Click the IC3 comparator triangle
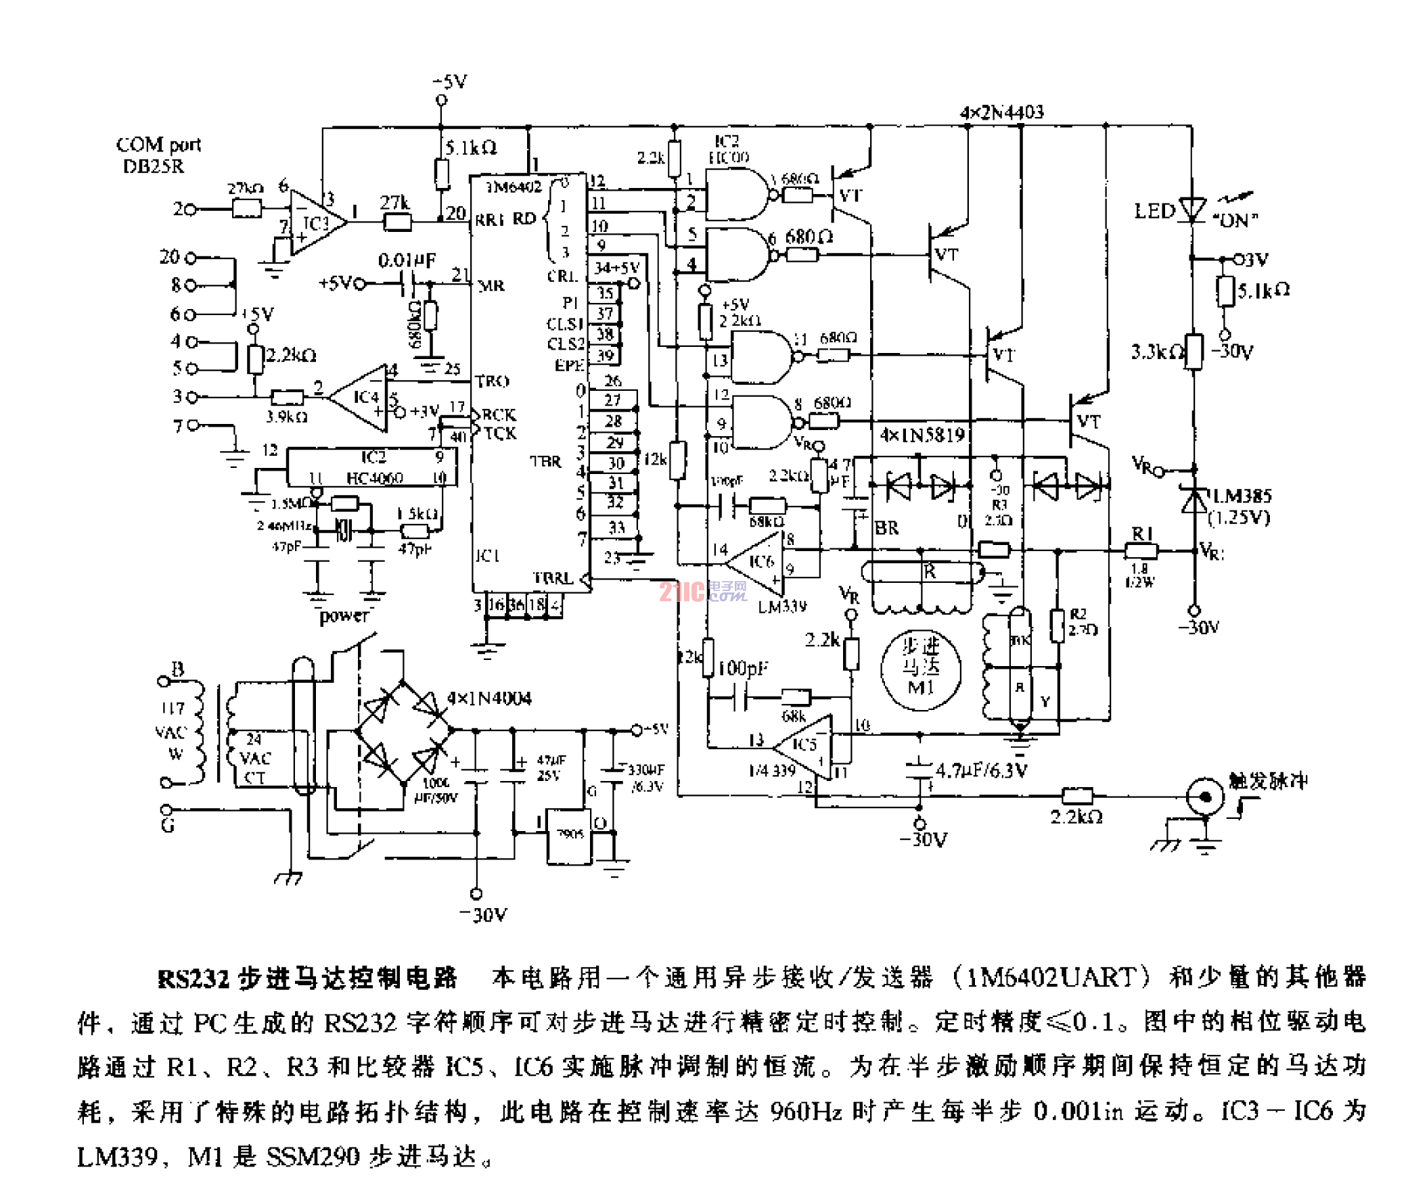tap(315, 223)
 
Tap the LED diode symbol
tap(1191, 210)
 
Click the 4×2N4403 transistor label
tap(1001, 112)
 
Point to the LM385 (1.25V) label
tap(1240, 506)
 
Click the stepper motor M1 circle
tap(920, 669)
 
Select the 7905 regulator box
tap(569, 836)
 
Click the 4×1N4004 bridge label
tap(489, 698)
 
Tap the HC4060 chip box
tap(371, 468)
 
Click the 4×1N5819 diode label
tap(922, 435)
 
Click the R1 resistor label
tap(1142, 534)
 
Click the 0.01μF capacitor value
tap(407, 260)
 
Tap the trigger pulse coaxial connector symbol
tap(1205, 797)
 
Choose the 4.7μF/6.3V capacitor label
tap(981, 770)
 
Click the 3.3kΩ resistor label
tap(1156, 352)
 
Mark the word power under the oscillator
tap(344, 616)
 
